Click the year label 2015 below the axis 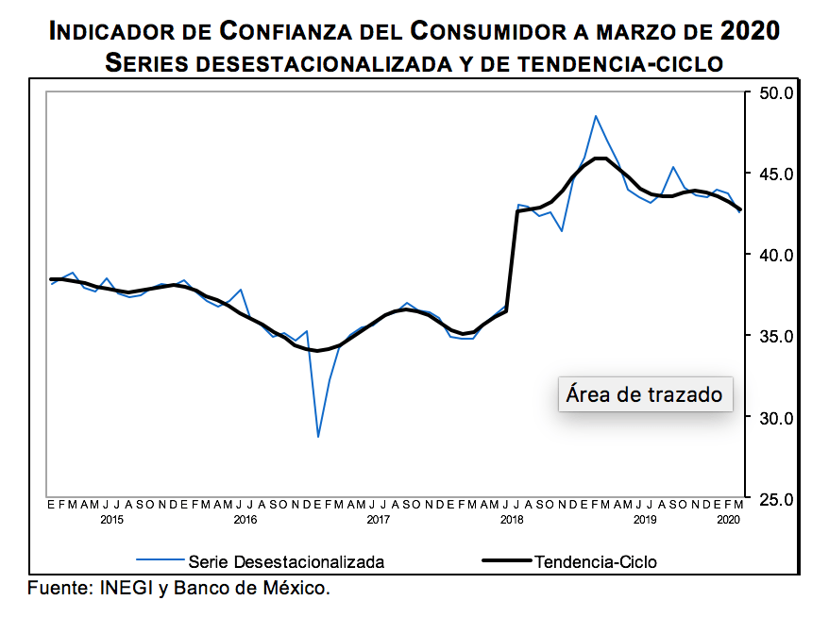click(x=111, y=520)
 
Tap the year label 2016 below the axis click(x=245, y=520)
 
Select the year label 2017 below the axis click(x=378, y=520)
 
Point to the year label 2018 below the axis click(x=511, y=520)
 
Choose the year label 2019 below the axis click(x=644, y=520)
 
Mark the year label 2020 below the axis click(x=729, y=520)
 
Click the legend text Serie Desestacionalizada click(x=286, y=561)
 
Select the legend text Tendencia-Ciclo click(x=595, y=561)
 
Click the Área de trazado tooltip click(x=644, y=394)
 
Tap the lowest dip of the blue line click(x=318, y=437)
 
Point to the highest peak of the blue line click(x=596, y=116)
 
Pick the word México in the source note click(x=296, y=589)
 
